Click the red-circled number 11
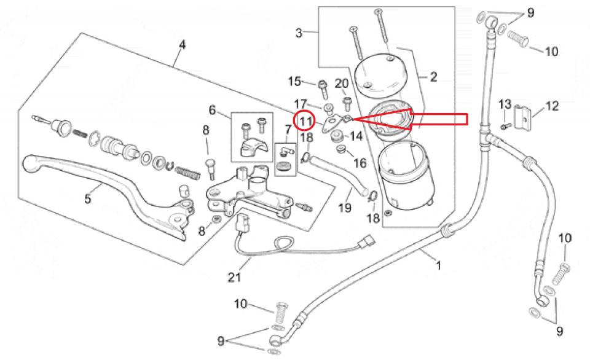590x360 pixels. click(x=306, y=121)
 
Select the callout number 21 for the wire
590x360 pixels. click(x=234, y=278)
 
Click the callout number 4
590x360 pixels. click(x=182, y=45)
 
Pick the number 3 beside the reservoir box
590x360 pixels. click(x=299, y=33)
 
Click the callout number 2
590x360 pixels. click(x=433, y=77)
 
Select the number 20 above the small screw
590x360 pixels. click(x=342, y=83)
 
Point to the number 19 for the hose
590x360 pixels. click(x=345, y=208)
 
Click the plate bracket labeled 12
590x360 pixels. click(x=522, y=117)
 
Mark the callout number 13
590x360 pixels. click(x=505, y=104)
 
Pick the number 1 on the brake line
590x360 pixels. click(x=438, y=265)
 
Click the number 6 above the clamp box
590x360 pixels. click(x=212, y=110)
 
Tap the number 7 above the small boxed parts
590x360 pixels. click(x=288, y=130)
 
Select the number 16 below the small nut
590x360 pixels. click(x=360, y=163)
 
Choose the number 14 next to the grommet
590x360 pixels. click(x=356, y=135)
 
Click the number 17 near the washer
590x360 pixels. click(x=301, y=103)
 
